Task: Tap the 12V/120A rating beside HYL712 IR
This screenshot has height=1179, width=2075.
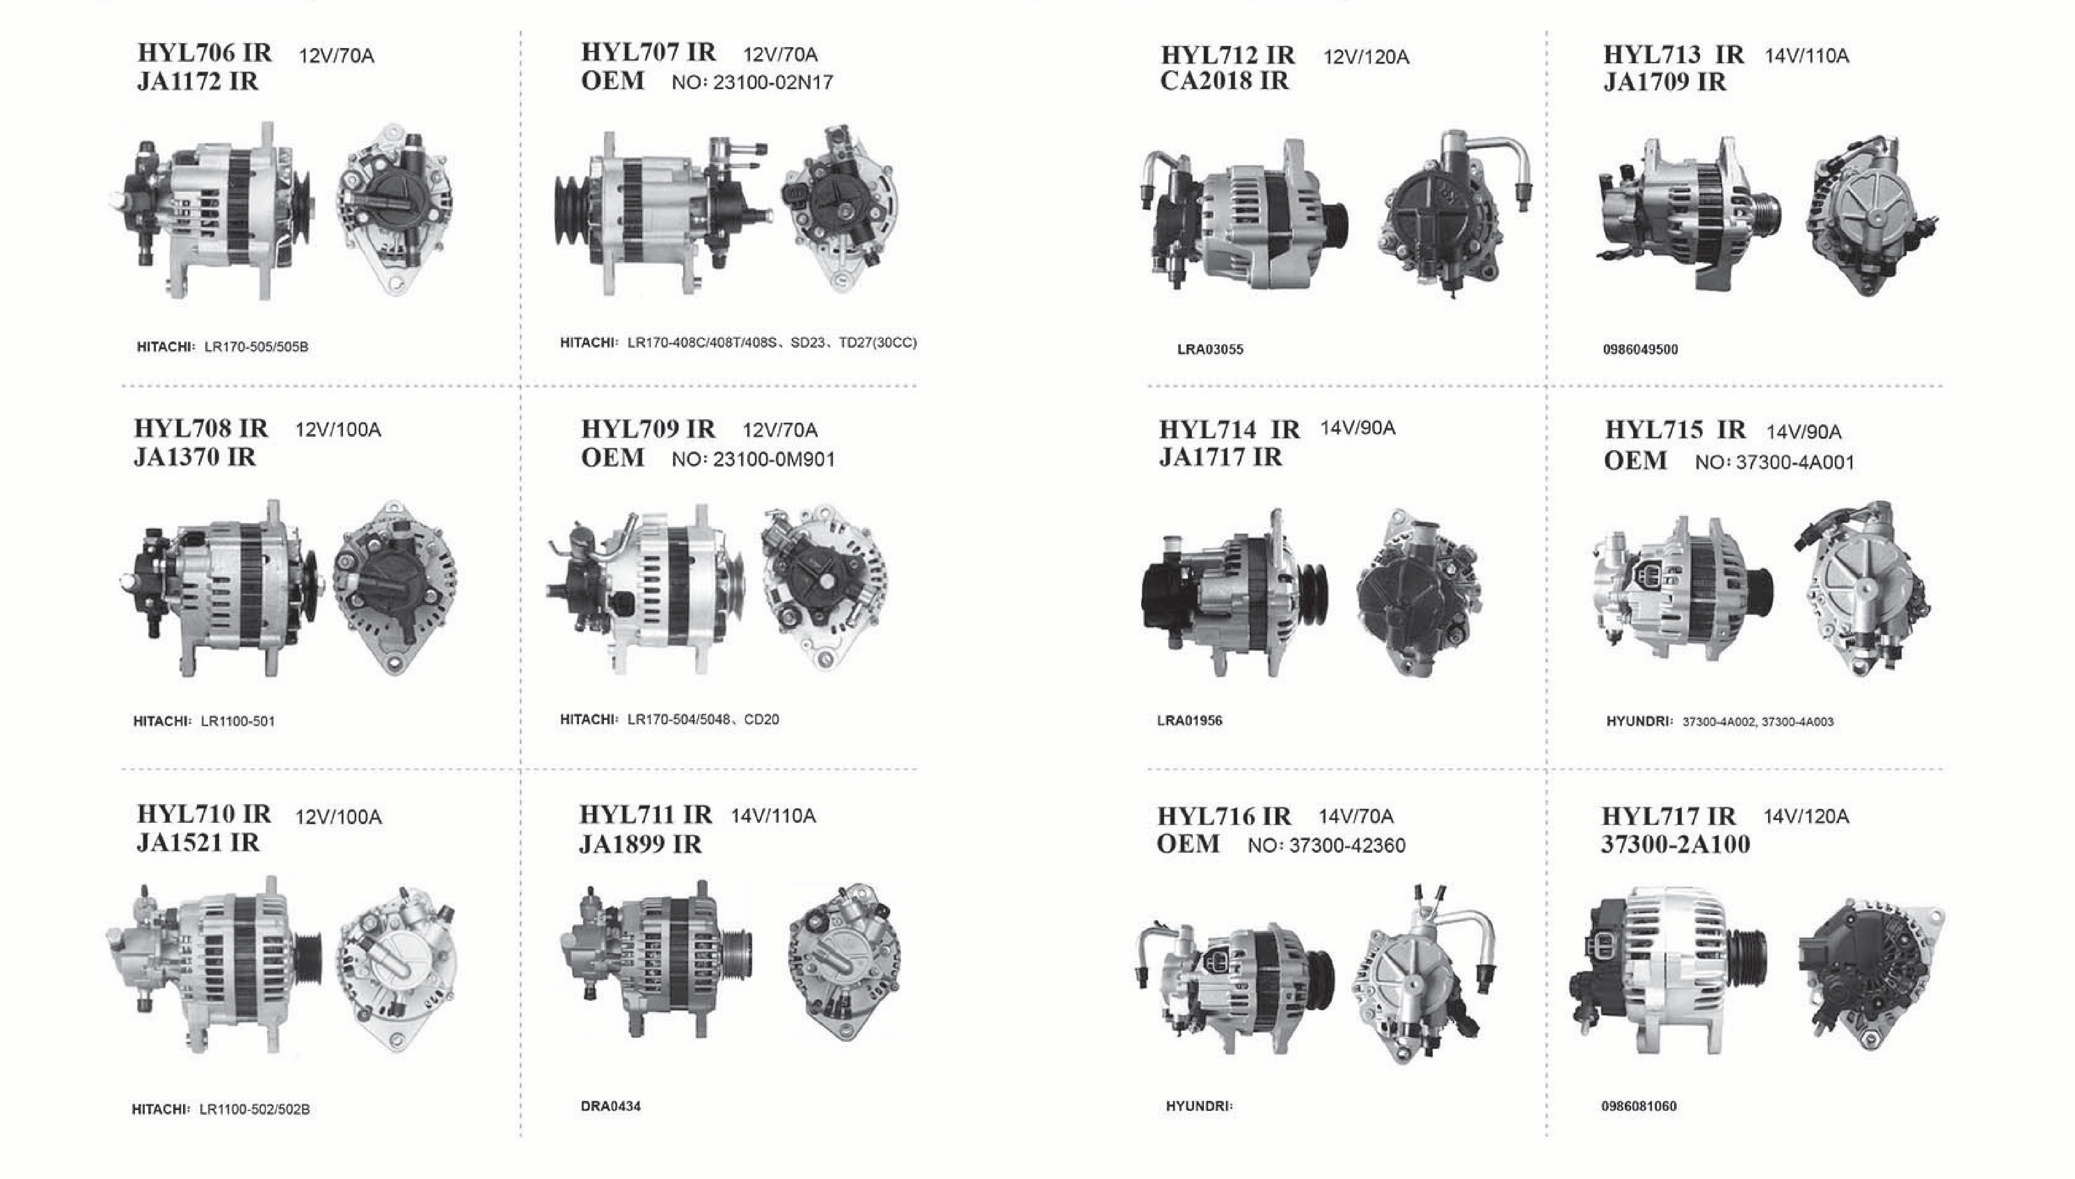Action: point(1366,57)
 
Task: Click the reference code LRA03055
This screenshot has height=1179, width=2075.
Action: point(1210,350)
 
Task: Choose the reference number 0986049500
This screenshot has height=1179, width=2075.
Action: point(1640,350)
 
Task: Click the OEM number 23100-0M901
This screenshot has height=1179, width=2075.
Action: point(774,459)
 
